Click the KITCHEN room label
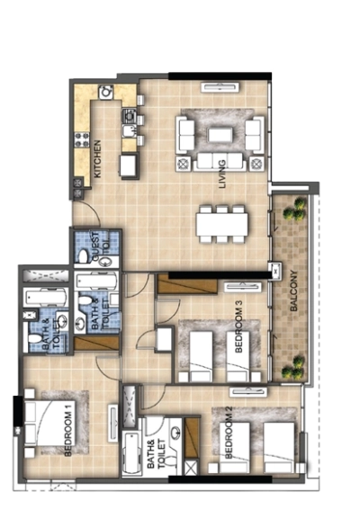click(x=97, y=158)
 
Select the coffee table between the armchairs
click(x=220, y=135)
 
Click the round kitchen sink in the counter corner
click(x=106, y=92)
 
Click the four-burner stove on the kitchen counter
click(x=79, y=138)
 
